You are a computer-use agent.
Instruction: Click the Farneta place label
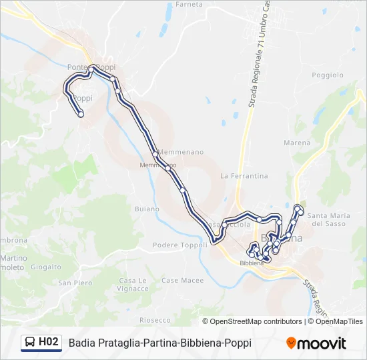(188, 4)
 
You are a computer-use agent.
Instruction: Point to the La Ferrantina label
(244, 176)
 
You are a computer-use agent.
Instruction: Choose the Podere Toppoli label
(179, 245)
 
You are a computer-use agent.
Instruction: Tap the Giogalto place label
(45, 267)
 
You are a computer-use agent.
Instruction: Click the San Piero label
(75, 283)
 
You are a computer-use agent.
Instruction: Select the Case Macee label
(182, 281)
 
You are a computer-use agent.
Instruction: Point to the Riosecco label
(155, 320)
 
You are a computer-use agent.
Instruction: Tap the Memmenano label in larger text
(181, 152)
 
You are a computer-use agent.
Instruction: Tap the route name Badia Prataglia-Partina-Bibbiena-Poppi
(159, 343)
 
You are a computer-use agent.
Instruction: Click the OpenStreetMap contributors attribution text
(256, 321)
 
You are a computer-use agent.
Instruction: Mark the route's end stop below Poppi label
(81, 115)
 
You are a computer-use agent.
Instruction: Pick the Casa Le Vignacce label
(133, 285)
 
